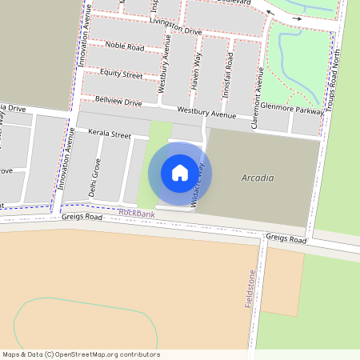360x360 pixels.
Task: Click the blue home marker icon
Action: pyautogui.click(x=180, y=173)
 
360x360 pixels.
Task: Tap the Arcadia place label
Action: pyautogui.click(x=258, y=178)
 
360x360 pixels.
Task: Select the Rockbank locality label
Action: pyautogui.click(x=136, y=213)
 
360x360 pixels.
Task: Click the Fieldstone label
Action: pyautogui.click(x=250, y=290)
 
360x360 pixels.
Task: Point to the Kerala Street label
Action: pyautogui.click(x=110, y=134)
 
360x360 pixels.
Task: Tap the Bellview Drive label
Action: pyautogui.click(x=118, y=102)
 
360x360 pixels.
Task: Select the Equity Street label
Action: pyautogui.click(x=121, y=75)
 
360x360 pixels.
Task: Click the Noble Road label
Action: pyautogui.click(x=124, y=48)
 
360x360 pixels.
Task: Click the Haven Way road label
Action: pyautogui.click(x=194, y=70)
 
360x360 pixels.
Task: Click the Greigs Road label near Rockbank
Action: pyautogui.click(x=82, y=217)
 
